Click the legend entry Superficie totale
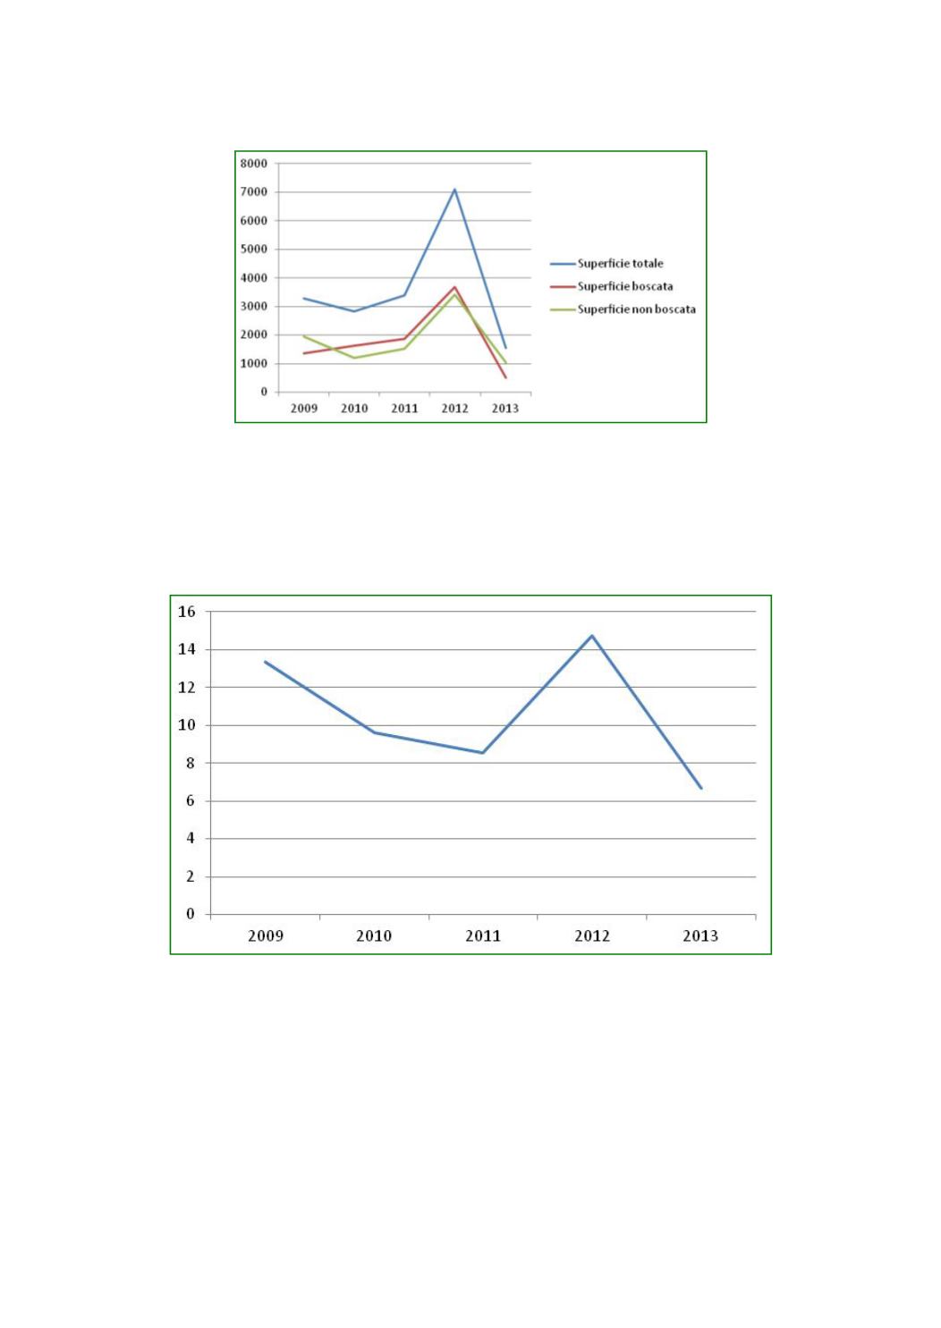(x=620, y=264)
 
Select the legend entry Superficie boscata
(x=624, y=287)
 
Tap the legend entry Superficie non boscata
(x=636, y=309)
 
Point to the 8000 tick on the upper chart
(x=253, y=164)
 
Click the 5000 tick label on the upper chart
(x=253, y=250)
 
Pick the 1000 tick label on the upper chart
(x=253, y=364)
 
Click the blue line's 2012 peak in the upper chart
(x=455, y=189)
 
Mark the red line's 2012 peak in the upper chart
(x=455, y=287)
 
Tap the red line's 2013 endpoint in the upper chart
(x=505, y=377)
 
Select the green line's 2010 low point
(x=354, y=358)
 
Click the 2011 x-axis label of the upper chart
(x=404, y=409)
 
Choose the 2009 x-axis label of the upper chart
(x=304, y=409)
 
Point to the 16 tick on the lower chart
(x=187, y=613)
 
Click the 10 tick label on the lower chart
(x=187, y=725)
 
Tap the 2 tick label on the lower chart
(x=190, y=876)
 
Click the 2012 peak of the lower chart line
(x=592, y=636)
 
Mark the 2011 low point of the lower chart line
(x=483, y=753)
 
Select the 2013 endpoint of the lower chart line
(x=701, y=788)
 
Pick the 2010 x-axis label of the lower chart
(x=374, y=936)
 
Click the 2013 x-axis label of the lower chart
(x=700, y=936)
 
